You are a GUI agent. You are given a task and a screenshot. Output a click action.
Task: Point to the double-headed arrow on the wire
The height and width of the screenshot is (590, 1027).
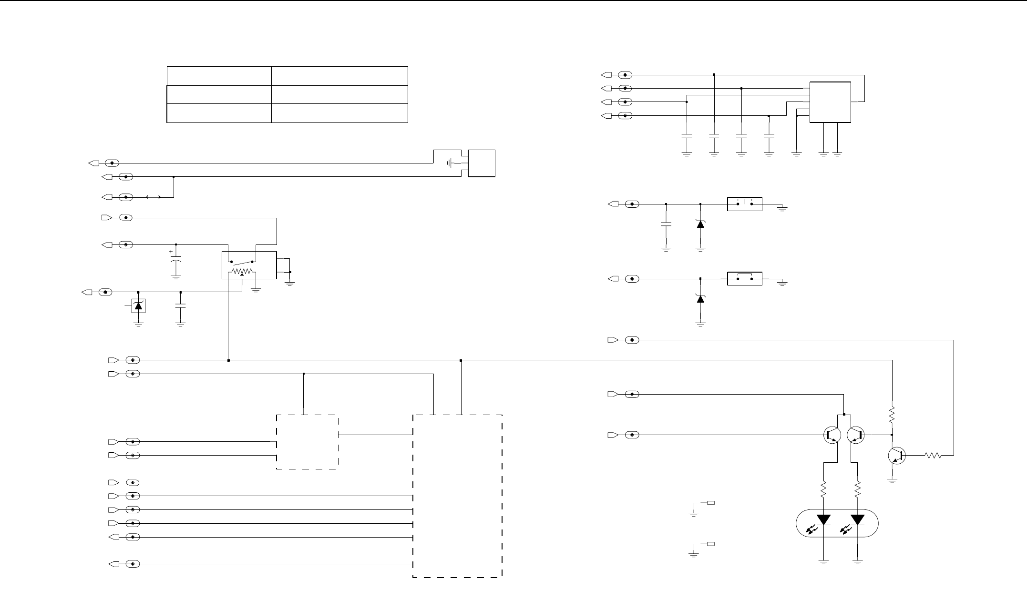coord(153,197)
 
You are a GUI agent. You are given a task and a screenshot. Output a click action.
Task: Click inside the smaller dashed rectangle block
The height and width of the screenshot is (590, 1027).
coord(308,442)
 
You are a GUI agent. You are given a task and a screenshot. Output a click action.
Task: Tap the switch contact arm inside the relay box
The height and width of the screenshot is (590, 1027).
coord(243,261)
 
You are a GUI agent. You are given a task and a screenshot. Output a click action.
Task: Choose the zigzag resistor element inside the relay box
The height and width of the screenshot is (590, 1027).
coord(242,272)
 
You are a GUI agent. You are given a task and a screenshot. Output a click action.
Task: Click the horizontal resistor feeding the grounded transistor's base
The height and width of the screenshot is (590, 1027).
coord(933,456)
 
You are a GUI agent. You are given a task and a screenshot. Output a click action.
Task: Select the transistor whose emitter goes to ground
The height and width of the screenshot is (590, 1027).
coord(897,455)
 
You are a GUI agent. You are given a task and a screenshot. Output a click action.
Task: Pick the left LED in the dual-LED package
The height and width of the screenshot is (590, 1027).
coord(823,519)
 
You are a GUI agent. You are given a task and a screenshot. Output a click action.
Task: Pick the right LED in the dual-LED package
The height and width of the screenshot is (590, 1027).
coord(858,519)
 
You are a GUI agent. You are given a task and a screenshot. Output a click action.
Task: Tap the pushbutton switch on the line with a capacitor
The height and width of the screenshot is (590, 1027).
coord(744,204)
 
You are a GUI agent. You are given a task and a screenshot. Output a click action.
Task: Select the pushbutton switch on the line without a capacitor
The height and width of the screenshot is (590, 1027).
coord(744,278)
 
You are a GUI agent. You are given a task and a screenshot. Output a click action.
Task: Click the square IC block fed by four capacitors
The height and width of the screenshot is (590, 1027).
coord(831,102)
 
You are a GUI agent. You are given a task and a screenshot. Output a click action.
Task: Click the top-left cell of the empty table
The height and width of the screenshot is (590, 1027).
coord(219,76)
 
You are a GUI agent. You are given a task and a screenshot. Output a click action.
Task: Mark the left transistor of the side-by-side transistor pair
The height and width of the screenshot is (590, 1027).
coord(832,435)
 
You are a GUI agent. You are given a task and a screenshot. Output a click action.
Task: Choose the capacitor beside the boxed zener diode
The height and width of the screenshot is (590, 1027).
coord(180,307)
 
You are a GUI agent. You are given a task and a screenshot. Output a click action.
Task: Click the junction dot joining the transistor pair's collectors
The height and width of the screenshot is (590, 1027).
coord(844,415)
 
